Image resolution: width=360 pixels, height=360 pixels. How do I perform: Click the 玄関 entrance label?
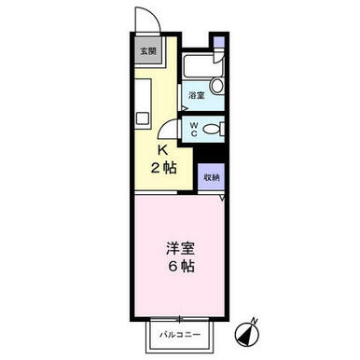(147, 51)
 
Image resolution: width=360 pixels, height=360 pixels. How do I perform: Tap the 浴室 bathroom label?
(197, 95)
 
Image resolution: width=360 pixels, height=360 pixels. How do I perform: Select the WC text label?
(194, 130)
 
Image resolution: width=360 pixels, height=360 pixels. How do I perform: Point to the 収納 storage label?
(212, 177)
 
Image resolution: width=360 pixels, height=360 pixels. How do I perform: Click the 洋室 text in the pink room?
(180, 248)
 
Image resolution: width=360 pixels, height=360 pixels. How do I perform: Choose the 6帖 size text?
(182, 267)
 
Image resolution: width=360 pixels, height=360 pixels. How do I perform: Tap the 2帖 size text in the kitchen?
(163, 168)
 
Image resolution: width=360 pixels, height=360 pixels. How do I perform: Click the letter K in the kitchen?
(163, 150)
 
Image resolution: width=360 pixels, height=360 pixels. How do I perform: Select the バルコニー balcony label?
(180, 335)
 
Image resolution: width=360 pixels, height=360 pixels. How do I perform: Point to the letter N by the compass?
(256, 320)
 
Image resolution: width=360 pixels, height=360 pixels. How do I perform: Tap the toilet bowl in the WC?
(212, 129)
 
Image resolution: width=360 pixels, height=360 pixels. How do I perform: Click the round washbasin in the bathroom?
(216, 85)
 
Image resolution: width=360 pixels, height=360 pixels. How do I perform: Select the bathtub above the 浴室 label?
(202, 65)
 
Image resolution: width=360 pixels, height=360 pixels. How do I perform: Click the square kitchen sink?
(144, 118)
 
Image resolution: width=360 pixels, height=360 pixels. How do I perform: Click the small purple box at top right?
(220, 42)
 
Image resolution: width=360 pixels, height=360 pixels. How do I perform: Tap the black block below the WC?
(209, 154)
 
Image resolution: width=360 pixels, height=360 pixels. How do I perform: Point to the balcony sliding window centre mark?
(179, 319)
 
